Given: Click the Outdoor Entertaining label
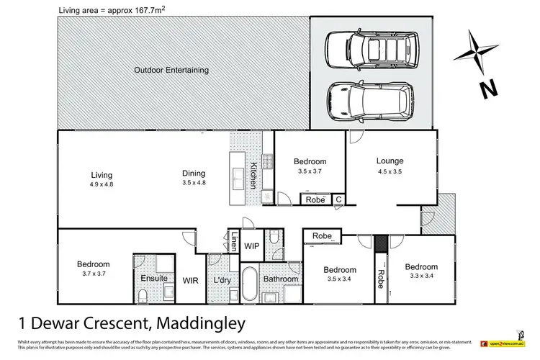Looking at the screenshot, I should pos(171,71).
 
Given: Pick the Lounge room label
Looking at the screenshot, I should pos(390,161).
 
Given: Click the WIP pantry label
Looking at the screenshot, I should pos(252,246).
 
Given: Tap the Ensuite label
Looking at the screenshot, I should pos(154,278).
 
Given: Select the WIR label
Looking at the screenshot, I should pos(191,279).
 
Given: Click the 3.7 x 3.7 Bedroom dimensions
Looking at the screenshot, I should pos(94,274).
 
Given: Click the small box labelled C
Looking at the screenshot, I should pos(338,199).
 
